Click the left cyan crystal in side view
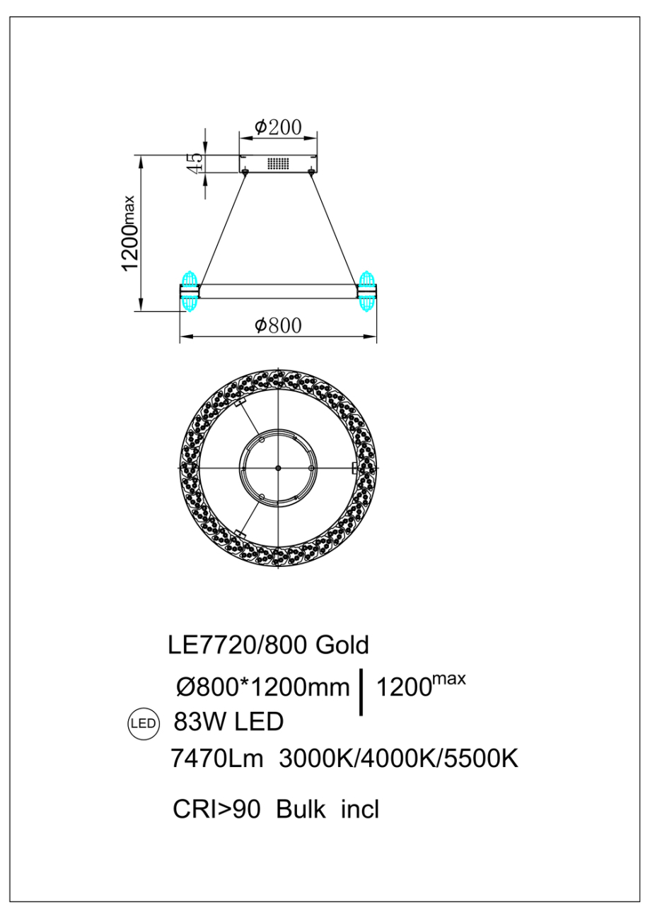(x=189, y=291)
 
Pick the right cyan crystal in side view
(x=366, y=291)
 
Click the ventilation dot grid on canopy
(x=278, y=164)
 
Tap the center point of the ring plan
(x=278, y=468)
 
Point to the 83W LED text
(x=228, y=722)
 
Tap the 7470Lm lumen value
(x=217, y=759)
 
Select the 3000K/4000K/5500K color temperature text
(x=399, y=759)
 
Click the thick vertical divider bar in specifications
(x=363, y=691)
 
